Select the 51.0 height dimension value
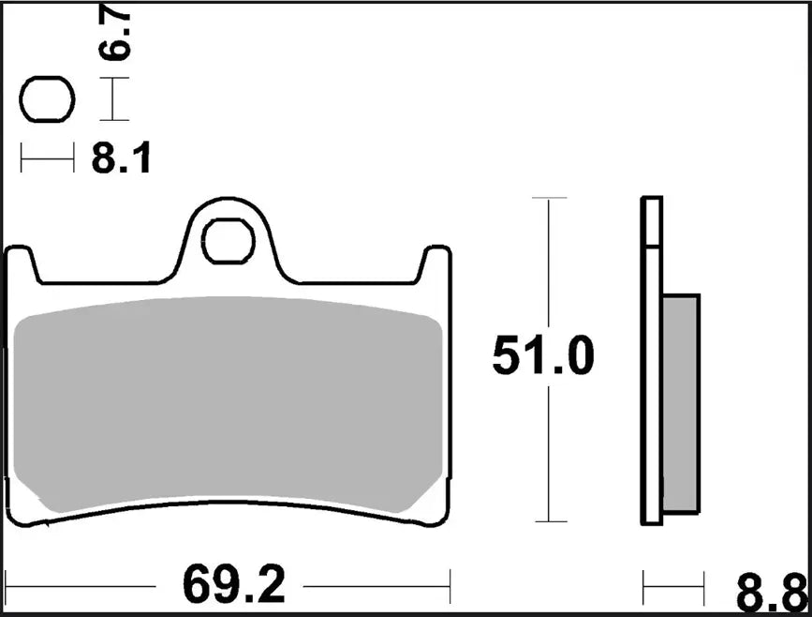pos(543,358)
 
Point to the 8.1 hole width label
pos(120,160)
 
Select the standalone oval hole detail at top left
pos(47,99)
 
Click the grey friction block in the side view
pos(681,403)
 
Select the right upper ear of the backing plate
pos(435,261)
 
